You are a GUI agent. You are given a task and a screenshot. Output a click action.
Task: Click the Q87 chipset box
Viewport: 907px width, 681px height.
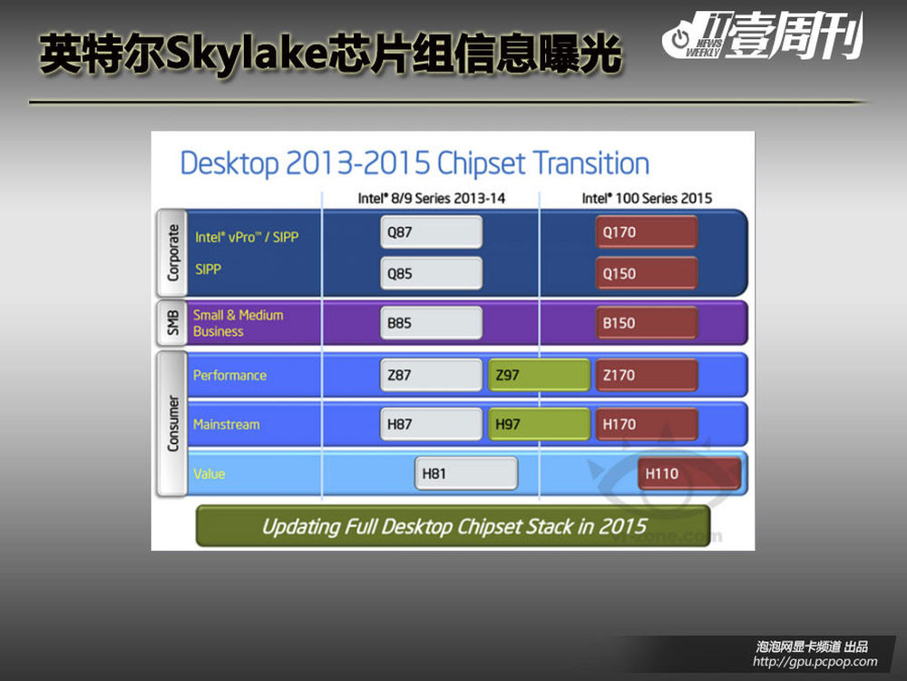coord(431,232)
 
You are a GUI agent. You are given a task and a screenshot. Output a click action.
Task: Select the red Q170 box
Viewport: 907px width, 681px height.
coord(646,232)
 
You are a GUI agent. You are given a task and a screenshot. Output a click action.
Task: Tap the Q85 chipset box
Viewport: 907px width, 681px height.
coord(431,273)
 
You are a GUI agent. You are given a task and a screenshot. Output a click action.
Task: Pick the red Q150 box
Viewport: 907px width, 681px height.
coord(646,273)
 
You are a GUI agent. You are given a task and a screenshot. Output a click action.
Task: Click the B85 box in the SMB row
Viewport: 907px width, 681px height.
coord(431,322)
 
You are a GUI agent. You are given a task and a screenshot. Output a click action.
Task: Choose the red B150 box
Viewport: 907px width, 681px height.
coord(646,322)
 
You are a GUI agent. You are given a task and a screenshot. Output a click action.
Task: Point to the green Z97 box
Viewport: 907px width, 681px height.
coord(539,375)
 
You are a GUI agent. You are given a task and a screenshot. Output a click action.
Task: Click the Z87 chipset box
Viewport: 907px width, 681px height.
coord(431,375)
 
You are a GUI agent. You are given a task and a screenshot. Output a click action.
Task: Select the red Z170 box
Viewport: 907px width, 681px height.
coord(646,375)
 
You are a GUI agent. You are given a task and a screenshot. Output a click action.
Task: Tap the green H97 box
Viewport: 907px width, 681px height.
coord(539,424)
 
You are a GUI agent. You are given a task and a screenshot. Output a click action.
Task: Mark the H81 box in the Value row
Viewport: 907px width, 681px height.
coord(466,474)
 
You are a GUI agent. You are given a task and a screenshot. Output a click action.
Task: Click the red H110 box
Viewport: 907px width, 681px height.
coord(689,474)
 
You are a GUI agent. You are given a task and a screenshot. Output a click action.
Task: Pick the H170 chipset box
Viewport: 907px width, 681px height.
coord(646,424)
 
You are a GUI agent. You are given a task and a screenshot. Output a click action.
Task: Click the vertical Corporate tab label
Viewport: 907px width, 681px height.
coord(172,252)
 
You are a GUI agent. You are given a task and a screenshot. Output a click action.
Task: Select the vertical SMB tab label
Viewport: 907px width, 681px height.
coord(172,322)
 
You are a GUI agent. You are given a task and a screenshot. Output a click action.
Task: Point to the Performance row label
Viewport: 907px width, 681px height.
coord(229,375)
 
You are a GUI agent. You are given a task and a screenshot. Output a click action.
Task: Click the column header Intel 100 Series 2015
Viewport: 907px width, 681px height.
coord(647,198)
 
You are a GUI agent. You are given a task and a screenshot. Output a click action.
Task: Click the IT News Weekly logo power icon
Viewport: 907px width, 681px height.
coord(680,39)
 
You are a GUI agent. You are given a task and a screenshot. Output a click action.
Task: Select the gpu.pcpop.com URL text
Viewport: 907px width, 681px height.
coord(815,661)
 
